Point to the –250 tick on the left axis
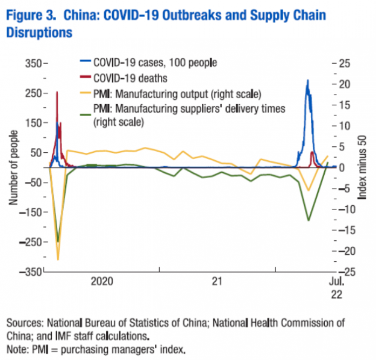pyautogui.click(x=30, y=242)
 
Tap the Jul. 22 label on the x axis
pyautogui.click(x=336, y=287)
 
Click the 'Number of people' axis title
pyautogui.click(x=13, y=167)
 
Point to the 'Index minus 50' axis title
pyautogui.click(x=363, y=167)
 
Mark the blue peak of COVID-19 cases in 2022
pyautogui.click(x=308, y=80)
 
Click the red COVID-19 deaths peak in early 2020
pyautogui.click(x=57, y=92)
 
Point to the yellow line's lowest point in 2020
pyautogui.click(x=58, y=259)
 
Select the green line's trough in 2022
pyautogui.click(x=309, y=220)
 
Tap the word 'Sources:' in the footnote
pyautogui.click(x=23, y=322)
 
